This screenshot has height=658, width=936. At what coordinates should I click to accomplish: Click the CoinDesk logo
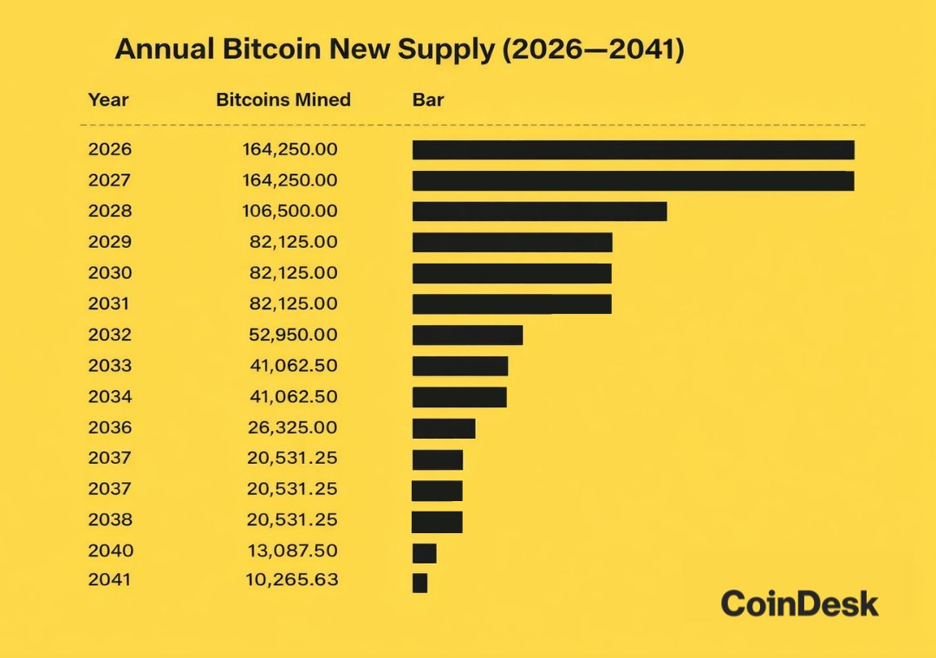pyautogui.click(x=799, y=603)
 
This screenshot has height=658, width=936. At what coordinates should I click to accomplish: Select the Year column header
pyautogui.click(x=108, y=100)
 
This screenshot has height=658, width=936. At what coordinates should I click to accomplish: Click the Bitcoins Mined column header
pyautogui.click(x=283, y=100)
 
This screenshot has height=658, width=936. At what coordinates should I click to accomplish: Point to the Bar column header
pyautogui.click(x=428, y=100)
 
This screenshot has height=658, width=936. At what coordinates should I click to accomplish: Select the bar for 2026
pyautogui.click(x=633, y=149)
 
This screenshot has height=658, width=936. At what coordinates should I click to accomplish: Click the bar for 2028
pyautogui.click(x=539, y=212)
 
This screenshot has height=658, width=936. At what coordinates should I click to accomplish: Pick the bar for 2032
pyautogui.click(x=467, y=336)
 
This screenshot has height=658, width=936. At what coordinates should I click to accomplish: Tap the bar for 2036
pyautogui.click(x=444, y=428)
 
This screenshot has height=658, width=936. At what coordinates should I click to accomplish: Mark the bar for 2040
pyautogui.click(x=425, y=552)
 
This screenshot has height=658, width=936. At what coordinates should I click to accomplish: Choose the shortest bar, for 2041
pyautogui.click(x=420, y=583)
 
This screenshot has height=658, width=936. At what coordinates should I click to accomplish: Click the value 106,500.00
pyautogui.click(x=290, y=212)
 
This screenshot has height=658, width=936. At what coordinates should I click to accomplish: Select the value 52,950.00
pyautogui.click(x=294, y=336)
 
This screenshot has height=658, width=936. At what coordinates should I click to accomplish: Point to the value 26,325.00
pyautogui.click(x=294, y=428)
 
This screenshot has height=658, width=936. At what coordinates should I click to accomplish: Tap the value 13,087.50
pyautogui.click(x=294, y=551)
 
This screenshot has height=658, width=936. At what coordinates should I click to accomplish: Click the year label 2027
pyautogui.click(x=110, y=180)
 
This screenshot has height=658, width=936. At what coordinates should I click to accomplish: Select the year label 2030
pyautogui.click(x=110, y=273)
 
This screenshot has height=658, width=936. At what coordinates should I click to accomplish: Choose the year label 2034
pyautogui.click(x=110, y=397)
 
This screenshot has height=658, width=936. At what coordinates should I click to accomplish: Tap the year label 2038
pyautogui.click(x=110, y=520)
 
